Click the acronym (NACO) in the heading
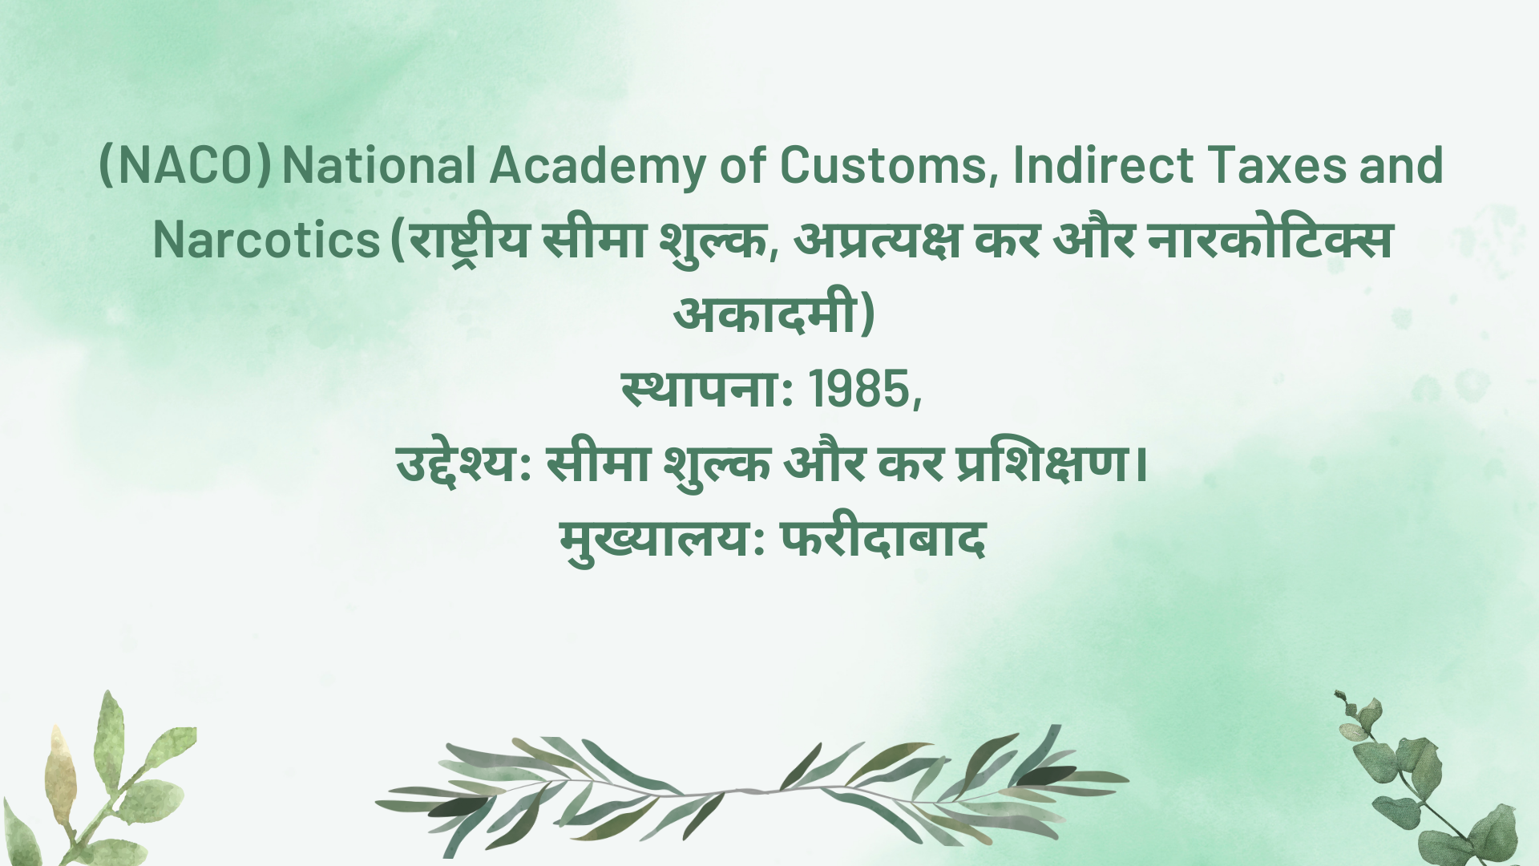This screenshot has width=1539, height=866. (x=184, y=166)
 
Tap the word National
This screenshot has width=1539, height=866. (x=380, y=165)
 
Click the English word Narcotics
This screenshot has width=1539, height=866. (x=266, y=240)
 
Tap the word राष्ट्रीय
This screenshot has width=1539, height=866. (x=468, y=241)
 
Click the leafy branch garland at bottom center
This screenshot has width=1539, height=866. (x=752, y=790)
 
